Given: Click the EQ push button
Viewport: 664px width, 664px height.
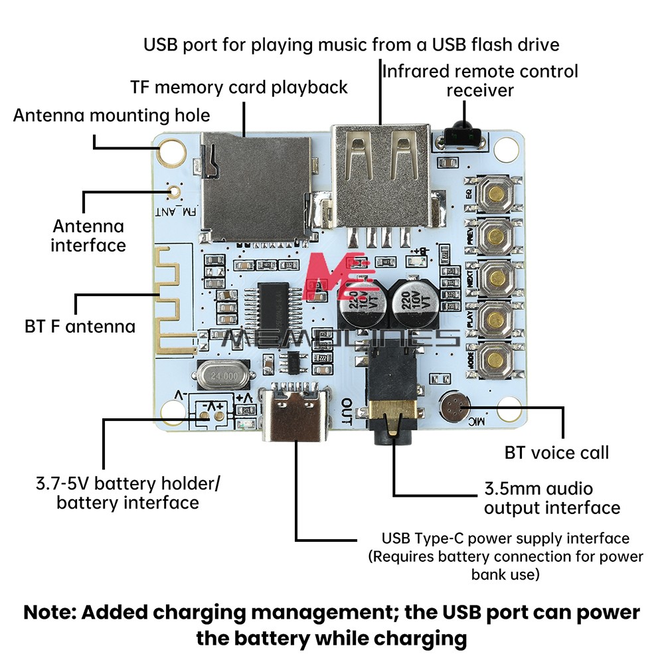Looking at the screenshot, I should click(495, 193).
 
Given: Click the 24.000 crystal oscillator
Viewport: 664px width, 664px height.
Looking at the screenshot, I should click(222, 376).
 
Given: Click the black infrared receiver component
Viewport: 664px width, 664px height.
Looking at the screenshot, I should click(459, 135).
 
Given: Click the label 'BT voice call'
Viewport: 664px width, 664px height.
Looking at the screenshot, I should click(556, 454).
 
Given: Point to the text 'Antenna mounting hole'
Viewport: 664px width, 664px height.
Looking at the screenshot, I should click(112, 116).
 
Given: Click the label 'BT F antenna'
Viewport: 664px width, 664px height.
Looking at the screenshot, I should click(80, 327).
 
